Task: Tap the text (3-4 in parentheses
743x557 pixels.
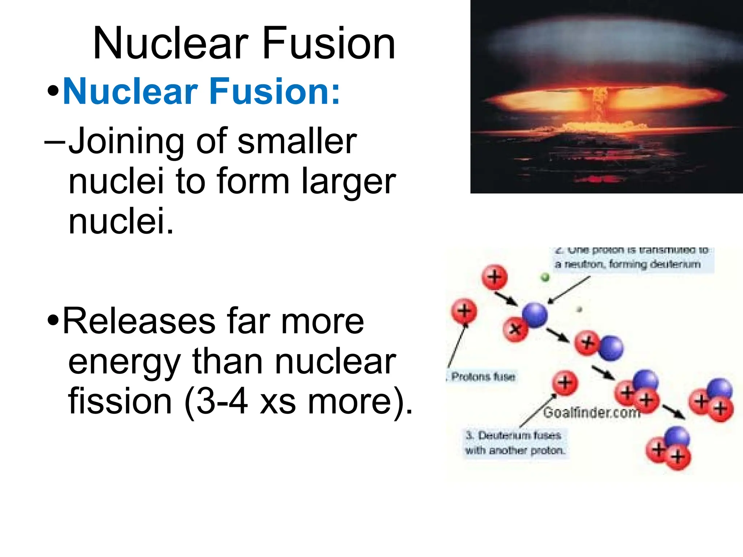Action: coord(216,402)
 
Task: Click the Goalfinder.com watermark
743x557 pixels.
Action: coord(591,413)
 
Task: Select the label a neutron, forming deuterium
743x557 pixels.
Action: coord(628,264)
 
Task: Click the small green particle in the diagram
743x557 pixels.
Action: coord(545,278)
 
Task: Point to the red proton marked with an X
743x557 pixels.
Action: coord(515,329)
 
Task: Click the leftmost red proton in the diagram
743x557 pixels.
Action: coord(464,311)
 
